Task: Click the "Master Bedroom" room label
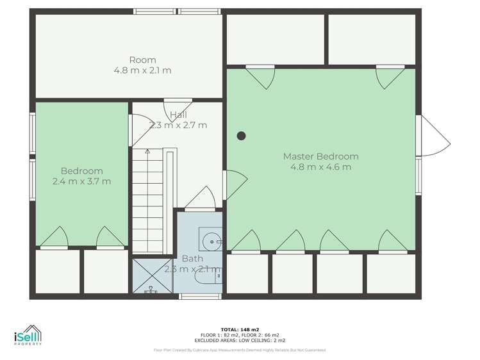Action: pos(320,156)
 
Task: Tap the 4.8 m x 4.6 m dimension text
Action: pos(320,167)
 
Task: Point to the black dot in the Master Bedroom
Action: pos(242,135)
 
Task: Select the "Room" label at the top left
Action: pos(142,60)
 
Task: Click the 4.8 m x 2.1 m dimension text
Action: pos(142,70)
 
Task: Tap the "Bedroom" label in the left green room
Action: pos(81,170)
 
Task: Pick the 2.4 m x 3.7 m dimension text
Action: pos(81,181)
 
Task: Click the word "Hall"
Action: pos(178,115)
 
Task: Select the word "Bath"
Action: pos(192,259)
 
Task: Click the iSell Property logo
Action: pos(28,336)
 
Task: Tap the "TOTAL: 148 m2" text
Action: pos(240,329)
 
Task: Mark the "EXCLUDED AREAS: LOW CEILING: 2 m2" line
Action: pos(240,340)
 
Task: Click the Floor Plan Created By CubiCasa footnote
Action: pos(240,350)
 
